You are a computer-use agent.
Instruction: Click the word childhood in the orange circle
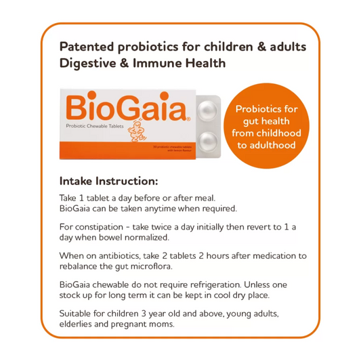click(x=280, y=133)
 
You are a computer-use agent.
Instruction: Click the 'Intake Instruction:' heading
click(x=109, y=182)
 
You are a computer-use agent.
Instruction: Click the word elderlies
click(x=78, y=324)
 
